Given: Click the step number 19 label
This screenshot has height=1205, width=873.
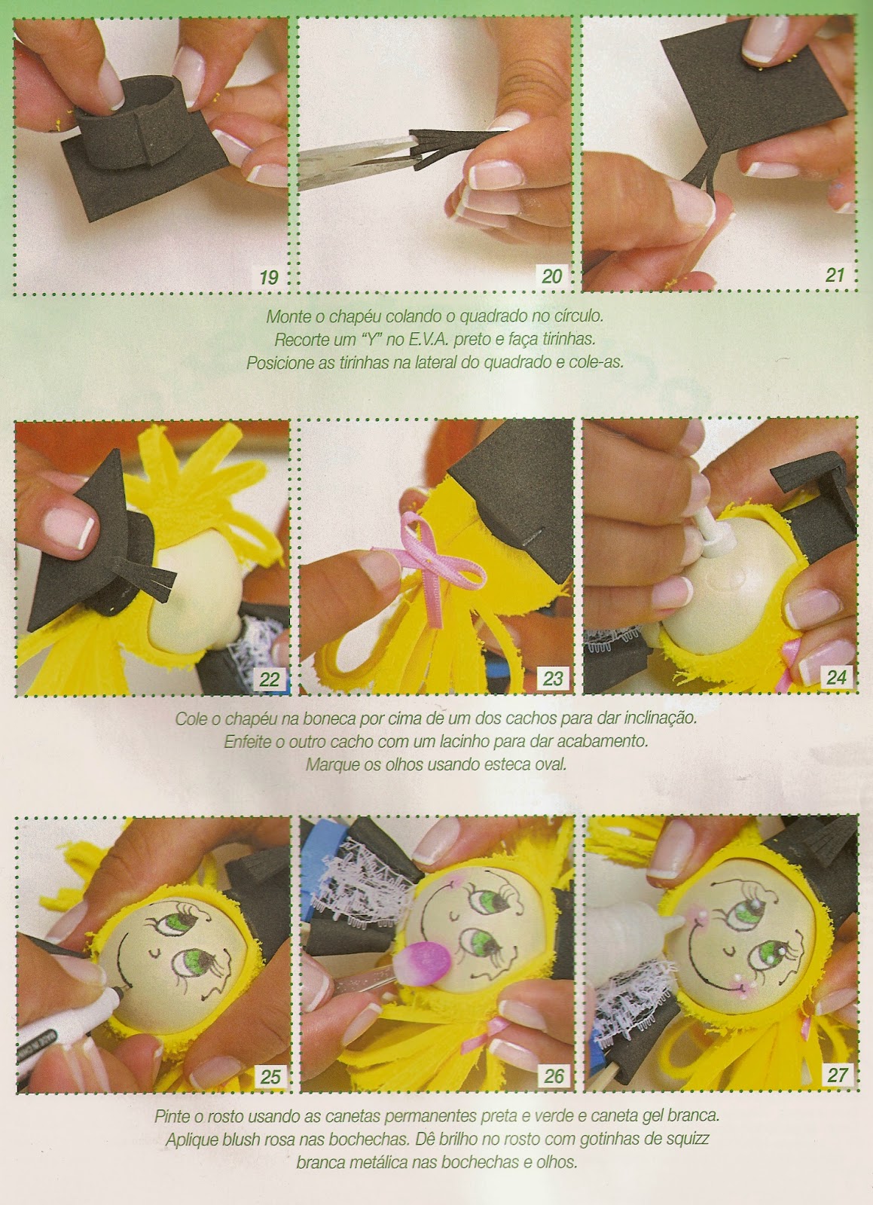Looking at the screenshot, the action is coord(269,277).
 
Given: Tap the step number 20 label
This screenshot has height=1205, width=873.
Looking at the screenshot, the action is coord(552,276).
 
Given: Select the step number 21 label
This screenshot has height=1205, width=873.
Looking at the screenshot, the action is coord(835,276).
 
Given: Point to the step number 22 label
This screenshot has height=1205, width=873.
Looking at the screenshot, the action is coord(269,679).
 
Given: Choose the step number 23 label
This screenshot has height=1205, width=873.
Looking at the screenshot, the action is coord(552,679).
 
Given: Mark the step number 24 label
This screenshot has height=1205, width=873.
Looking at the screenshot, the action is coord(836,678).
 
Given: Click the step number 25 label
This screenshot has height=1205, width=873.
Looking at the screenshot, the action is coord(270,1077).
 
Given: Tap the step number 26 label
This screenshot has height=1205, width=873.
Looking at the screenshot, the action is coord(554,1076).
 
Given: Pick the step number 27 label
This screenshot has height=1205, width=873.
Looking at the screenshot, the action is coord(837,1075).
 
